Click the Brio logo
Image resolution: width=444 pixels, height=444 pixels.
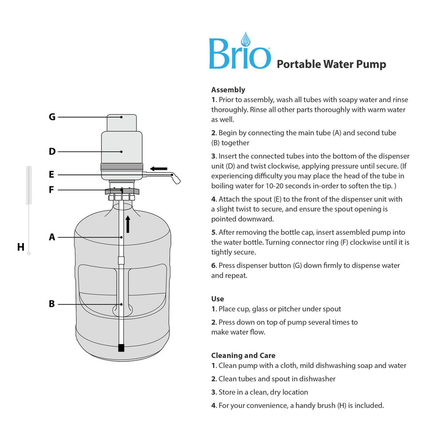[x=240, y=54]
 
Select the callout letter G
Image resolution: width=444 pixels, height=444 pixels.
[x=52, y=117]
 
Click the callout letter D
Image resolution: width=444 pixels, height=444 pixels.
[x=52, y=151]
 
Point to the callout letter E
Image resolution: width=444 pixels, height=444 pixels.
[x=52, y=174]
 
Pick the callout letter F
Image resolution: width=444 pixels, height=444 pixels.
[x=52, y=190]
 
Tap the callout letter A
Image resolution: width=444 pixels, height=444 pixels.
[x=52, y=237]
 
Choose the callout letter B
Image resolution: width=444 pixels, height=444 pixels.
[x=52, y=304]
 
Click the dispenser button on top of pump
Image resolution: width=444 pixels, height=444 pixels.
[x=122, y=122]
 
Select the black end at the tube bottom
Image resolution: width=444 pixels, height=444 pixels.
[x=122, y=349]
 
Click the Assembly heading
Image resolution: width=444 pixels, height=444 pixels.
[x=228, y=89]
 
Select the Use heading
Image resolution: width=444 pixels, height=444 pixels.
[x=218, y=299]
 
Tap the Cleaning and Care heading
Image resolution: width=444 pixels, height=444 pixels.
[x=243, y=355]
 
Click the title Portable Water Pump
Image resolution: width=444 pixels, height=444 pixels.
[x=331, y=64]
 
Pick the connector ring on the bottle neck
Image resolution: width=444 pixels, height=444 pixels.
[x=122, y=191]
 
